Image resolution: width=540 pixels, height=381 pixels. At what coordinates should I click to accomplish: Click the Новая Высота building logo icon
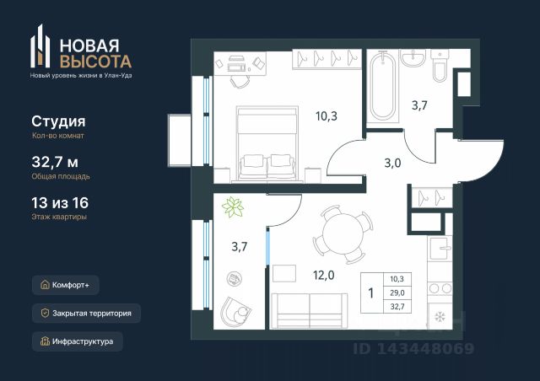[40, 46]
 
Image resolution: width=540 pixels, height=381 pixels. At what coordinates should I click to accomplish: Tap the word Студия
[58, 121]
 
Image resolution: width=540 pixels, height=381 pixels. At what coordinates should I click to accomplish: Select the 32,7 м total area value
[55, 162]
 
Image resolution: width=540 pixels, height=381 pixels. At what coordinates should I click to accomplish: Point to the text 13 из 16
[60, 202]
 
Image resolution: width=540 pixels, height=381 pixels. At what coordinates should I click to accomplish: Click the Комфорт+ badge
[66, 285]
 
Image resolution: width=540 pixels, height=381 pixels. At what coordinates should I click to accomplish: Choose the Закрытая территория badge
[86, 314]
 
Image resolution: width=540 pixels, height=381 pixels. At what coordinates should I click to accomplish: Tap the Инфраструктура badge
[78, 341]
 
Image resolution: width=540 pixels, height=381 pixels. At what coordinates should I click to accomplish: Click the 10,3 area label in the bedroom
[327, 116]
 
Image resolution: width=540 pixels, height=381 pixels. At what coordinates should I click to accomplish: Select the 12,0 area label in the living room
[323, 275]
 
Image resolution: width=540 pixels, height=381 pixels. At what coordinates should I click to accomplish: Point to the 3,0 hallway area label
[392, 163]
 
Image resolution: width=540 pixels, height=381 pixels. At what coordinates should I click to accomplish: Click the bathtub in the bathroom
[382, 86]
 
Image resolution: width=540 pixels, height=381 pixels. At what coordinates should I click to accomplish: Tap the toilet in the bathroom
[440, 66]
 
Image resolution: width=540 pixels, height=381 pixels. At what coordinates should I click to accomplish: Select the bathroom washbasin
[413, 58]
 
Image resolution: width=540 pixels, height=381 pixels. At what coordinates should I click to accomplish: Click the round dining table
[343, 234]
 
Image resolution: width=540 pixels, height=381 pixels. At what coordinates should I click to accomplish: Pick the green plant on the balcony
[233, 207]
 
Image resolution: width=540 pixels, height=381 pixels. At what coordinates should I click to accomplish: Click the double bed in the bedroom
[267, 143]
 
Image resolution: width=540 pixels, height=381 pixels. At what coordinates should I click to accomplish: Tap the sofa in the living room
[310, 311]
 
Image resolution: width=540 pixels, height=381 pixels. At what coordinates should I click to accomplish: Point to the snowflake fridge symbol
[440, 317]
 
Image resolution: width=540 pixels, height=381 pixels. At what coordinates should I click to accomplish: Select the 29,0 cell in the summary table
[397, 292]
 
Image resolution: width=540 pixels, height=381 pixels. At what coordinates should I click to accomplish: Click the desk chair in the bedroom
[240, 81]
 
